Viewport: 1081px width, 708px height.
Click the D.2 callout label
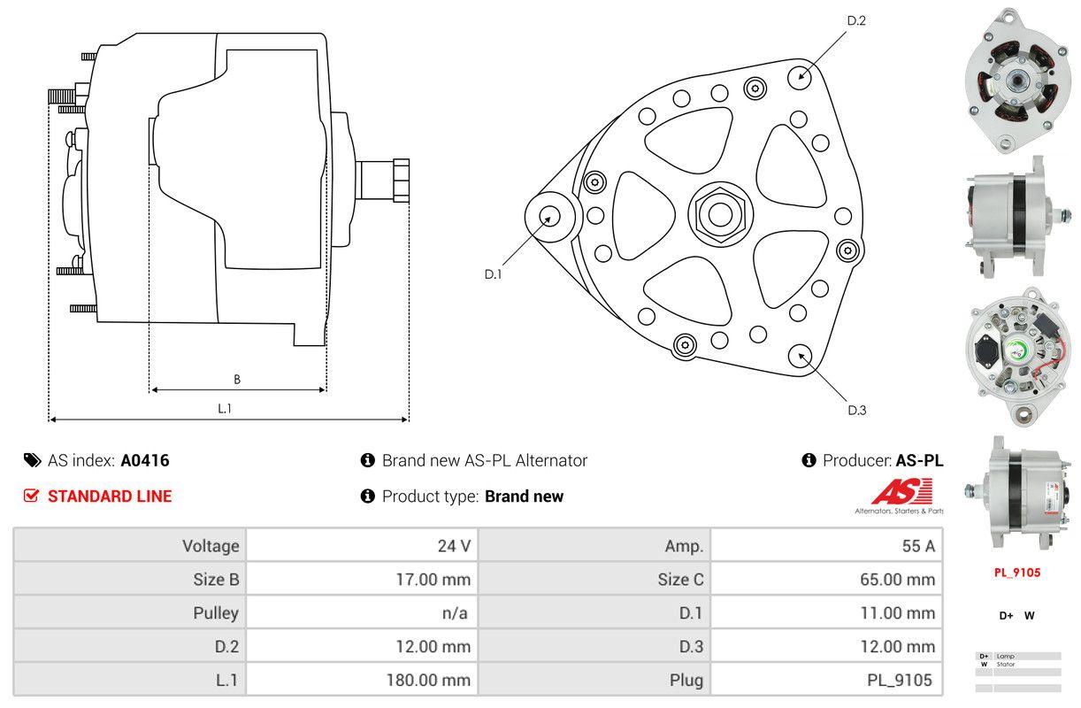click(855, 20)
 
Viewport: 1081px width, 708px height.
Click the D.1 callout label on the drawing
click(493, 274)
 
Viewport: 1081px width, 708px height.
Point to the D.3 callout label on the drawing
click(856, 410)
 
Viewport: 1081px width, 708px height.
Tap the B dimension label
click(237, 380)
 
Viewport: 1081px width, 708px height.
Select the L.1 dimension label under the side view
click(226, 408)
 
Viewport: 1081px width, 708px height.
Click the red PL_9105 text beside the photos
click(1016, 573)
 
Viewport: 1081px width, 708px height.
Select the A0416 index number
click(145, 460)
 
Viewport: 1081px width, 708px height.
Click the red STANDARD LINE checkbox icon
click(32, 496)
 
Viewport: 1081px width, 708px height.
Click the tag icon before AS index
click(32, 460)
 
